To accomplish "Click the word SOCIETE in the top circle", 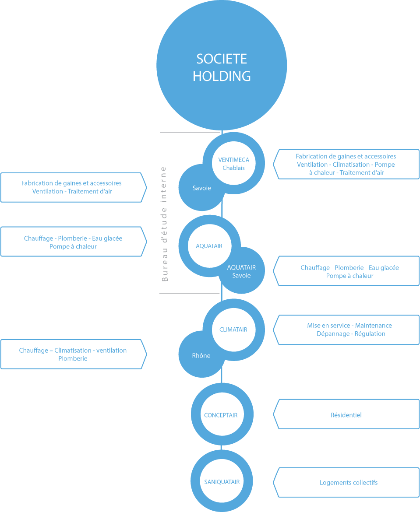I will [222, 59].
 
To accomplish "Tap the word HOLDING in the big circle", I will [222, 76].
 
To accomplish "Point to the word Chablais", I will [233, 168].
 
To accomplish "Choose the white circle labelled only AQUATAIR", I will [209, 246].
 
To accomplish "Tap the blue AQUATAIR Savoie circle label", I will [241, 271].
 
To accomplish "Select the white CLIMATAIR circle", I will [233, 330].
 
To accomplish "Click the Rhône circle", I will [201, 356].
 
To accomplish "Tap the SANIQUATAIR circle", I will [222, 482].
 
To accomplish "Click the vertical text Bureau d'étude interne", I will [165, 223].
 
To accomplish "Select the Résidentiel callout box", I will [346, 415].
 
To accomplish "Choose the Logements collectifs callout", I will [348, 483].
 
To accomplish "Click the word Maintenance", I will [373, 326].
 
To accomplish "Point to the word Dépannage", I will [332, 334].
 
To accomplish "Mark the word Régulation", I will [371, 334].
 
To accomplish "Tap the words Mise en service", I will [328, 326].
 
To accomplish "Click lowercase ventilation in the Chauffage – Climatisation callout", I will [112, 351].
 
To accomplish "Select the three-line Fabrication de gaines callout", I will [346, 165].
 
